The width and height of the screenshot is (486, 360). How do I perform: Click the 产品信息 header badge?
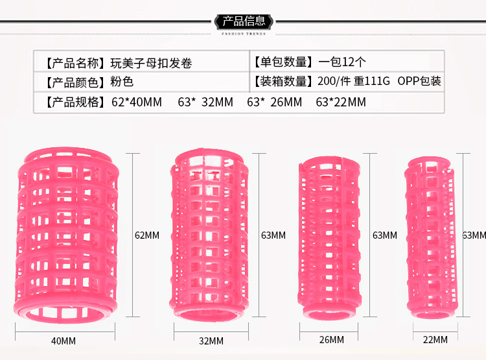point(244,21)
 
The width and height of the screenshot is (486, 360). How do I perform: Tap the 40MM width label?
point(64,341)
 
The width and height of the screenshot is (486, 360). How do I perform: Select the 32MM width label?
point(211,341)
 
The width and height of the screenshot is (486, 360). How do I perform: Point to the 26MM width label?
point(331,339)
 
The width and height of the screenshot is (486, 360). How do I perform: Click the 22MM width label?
point(435,339)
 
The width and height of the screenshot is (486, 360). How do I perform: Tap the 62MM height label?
point(147,235)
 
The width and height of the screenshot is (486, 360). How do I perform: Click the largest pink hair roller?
point(65,235)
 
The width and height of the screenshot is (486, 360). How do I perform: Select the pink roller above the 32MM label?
point(209,235)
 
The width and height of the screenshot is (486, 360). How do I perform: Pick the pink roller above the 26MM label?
point(329,238)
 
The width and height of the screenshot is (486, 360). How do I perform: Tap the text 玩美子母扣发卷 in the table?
point(151,63)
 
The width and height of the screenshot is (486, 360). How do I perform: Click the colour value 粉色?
point(122,82)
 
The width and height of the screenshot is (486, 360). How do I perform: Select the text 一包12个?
point(342,62)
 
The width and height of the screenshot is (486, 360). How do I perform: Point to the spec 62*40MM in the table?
point(137,102)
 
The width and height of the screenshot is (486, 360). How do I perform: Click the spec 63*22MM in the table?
point(341,102)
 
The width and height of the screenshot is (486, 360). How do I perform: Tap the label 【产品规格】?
point(75,102)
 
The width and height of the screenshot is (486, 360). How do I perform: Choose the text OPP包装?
point(419,81)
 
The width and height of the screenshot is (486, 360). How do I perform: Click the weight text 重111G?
point(372,81)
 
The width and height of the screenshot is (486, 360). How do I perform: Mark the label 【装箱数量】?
point(283,81)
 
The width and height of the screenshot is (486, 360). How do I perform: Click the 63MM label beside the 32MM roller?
point(273,235)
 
